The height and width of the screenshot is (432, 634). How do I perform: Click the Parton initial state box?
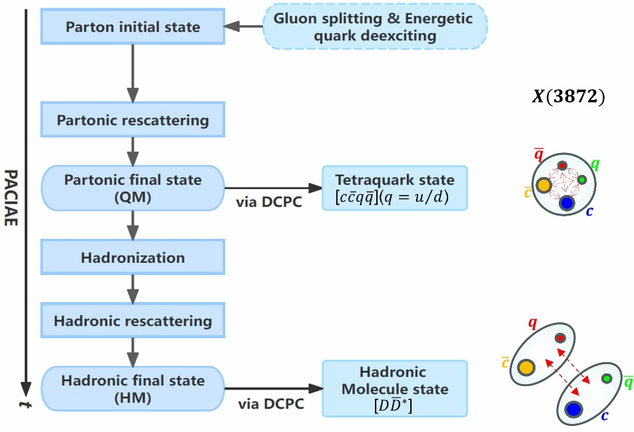click(x=133, y=27)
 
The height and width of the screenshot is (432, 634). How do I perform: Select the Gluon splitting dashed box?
click(x=376, y=26)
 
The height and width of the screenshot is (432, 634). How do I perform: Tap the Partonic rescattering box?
click(x=133, y=120)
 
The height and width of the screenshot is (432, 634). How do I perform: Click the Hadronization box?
click(x=133, y=257)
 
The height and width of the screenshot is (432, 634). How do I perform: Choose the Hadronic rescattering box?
click(x=133, y=321)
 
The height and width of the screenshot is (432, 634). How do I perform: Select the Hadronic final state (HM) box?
click(x=133, y=388)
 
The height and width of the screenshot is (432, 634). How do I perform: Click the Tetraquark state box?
click(x=395, y=188)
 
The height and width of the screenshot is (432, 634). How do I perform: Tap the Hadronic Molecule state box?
click(x=395, y=389)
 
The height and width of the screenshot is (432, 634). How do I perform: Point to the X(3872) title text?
click(x=568, y=97)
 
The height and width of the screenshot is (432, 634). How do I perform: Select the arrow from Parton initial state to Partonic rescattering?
click(x=133, y=73)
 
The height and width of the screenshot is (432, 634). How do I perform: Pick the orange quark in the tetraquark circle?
click(x=543, y=186)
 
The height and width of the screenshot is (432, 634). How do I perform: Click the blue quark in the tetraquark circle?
click(x=567, y=203)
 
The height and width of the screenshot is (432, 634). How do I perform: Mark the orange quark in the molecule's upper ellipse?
click(x=526, y=366)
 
